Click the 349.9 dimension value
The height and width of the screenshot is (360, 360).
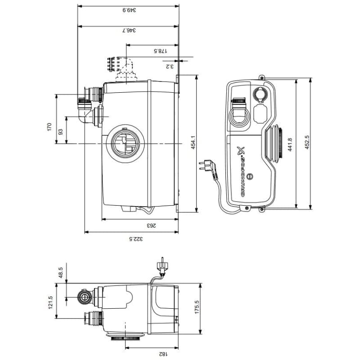click(129, 9)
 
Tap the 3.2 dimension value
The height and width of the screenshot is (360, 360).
click(169, 67)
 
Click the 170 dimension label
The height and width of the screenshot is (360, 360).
click(50, 127)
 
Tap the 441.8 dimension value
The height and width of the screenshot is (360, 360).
click(290, 144)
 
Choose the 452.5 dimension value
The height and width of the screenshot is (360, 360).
click(307, 143)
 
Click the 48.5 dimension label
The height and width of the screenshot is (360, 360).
click(61, 272)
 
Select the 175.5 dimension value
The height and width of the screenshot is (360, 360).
click(196, 309)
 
